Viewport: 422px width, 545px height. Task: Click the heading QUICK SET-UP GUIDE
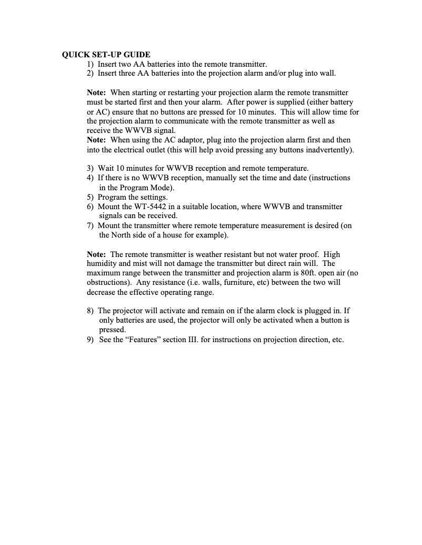[106, 55]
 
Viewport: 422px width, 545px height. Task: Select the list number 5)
[90, 197]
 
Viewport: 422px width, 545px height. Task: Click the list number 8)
[90, 311]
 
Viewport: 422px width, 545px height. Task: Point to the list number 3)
[90, 168]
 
